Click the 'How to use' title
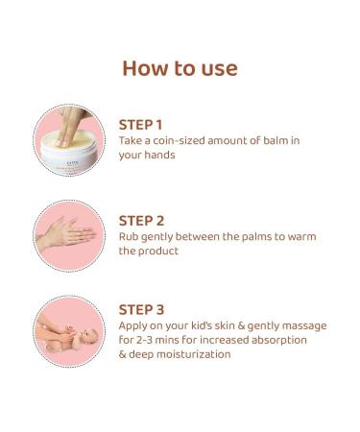pyautogui.click(x=180, y=68)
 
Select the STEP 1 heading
pyautogui.click(x=140, y=124)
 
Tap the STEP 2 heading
pyautogui.click(x=141, y=220)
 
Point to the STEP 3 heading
pyautogui.click(x=141, y=309)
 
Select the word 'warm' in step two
pyautogui.click(x=300, y=236)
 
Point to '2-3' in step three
pyautogui.click(x=146, y=340)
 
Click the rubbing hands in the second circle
pyautogui.click(x=68, y=233)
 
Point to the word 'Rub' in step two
pyautogui.click(x=129, y=236)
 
